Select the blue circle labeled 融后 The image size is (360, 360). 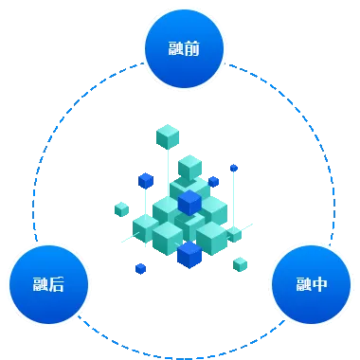(49, 284)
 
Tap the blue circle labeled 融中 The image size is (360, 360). (311, 284)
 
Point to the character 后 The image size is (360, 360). (59, 284)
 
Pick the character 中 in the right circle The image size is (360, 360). (320, 284)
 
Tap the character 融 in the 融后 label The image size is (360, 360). (40, 284)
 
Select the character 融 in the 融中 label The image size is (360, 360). (302, 284)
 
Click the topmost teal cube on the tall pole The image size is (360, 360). (168, 137)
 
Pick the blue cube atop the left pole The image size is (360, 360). (145, 180)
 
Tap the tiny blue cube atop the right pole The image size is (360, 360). (234, 168)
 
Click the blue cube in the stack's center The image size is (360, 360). (189, 202)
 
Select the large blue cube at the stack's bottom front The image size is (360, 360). (189, 254)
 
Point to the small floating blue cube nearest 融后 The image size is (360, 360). (140, 269)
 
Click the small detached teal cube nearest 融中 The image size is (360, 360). (241, 262)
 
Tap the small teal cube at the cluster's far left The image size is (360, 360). (121, 207)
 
